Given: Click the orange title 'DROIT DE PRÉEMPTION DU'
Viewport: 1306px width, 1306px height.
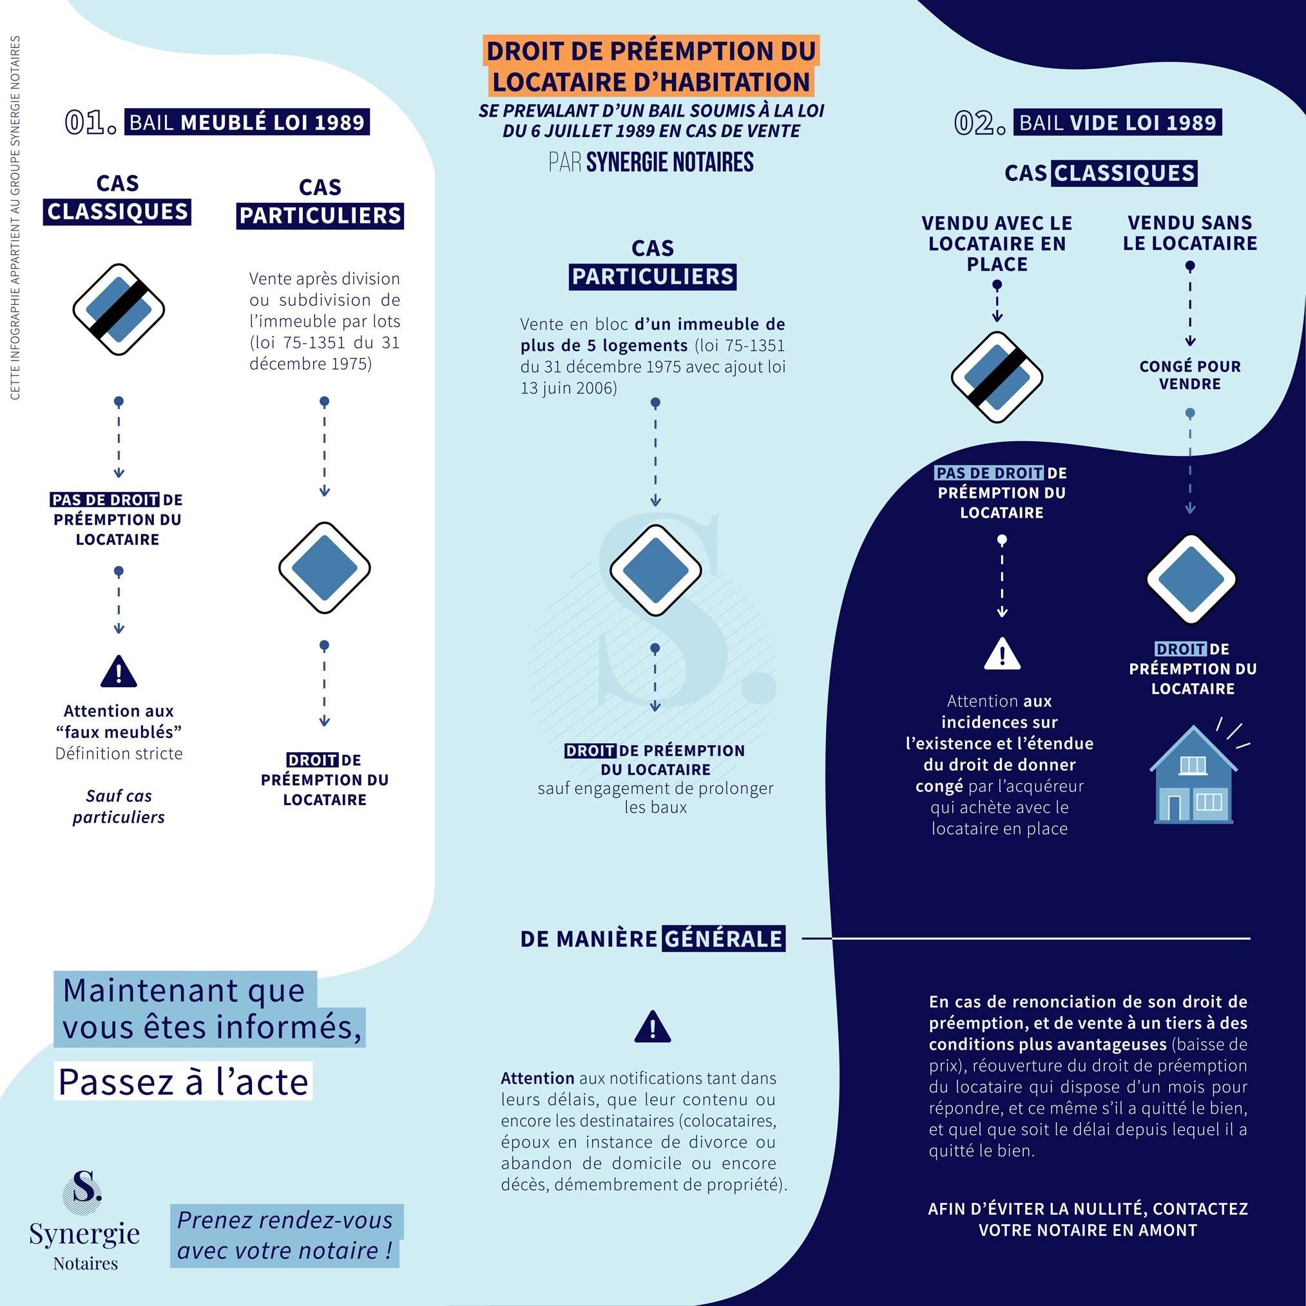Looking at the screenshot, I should pyautogui.click(x=651, y=52).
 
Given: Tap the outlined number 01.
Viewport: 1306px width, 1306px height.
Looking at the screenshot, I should pyautogui.click(x=90, y=122).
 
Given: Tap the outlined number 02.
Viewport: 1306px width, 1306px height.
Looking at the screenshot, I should pyautogui.click(x=979, y=123).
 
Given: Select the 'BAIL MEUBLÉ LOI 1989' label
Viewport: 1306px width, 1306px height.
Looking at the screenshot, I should pyautogui.click(x=247, y=122).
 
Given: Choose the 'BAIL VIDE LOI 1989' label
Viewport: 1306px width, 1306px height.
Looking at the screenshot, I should pyautogui.click(x=1117, y=122).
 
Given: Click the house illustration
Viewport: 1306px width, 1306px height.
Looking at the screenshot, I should pyautogui.click(x=1193, y=775).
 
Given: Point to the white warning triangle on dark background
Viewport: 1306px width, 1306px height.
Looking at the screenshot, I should pyautogui.click(x=1002, y=654).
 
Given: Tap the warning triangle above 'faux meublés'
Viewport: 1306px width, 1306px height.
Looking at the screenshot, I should pyautogui.click(x=119, y=672).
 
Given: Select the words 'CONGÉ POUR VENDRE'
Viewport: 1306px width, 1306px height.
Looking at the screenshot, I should pyautogui.click(x=1189, y=375).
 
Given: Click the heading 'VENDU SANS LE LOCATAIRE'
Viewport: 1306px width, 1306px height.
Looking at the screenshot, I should pyautogui.click(x=1189, y=232).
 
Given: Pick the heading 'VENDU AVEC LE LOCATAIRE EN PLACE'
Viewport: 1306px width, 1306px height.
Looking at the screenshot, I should pyautogui.click(x=997, y=243).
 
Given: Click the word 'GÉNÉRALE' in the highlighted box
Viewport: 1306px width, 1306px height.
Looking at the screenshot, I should pyautogui.click(x=723, y=939).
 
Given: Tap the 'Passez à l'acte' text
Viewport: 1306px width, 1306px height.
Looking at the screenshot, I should pyautogui.click(x=183, y=1083).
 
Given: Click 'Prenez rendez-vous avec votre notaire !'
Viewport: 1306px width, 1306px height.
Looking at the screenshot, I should pyautogui.click(x=285, y=1236).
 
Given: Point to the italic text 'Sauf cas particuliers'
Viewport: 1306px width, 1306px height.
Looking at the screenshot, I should pyautogui.click(x=119, y=806).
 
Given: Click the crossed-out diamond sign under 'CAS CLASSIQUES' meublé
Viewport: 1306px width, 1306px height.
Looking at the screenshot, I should pyautogui.click(x=119, y=310).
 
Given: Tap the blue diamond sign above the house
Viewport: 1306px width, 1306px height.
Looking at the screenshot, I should pyautogui.click(x=1191, y=580).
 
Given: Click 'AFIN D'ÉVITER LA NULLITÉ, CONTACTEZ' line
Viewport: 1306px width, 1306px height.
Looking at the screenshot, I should pyautogui.click(x=1088, y=1209).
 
